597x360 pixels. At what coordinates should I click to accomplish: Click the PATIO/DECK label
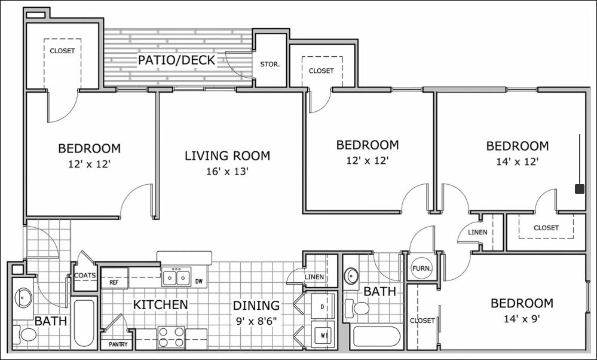click(x=176, y=60)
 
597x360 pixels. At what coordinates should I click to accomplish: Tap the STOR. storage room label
click(x=270, y=65)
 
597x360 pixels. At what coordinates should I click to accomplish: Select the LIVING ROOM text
click(x=227, y=155)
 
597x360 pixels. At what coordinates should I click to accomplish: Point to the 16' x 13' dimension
click(x=227, y=172)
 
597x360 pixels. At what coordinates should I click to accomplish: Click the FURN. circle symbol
click(x=422, y=268)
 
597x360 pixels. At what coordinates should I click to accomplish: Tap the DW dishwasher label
click(x=198, y=282)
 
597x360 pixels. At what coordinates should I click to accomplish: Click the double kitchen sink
click(x=176, y=276)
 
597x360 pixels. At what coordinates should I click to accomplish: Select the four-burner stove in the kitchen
click(x=171, y=337)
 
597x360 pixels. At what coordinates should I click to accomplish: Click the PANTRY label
click(x=118, y=344)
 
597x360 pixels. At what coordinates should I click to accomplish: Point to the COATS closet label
click(x=85, y=276)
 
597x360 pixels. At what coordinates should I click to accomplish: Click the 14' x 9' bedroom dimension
click(x=522, y=319)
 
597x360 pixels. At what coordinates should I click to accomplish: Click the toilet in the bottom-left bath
click(x=25, y=335)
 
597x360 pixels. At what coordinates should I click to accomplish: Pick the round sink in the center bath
click(x=351, y=275)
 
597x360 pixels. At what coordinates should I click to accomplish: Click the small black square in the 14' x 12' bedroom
click(x=580, y=189)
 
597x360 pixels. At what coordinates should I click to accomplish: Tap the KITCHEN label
click(x=160, y=304)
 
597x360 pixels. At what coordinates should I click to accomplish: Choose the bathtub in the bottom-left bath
click(x=84, y=324)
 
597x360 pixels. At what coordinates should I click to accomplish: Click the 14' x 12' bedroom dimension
click(x=518, y=162)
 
